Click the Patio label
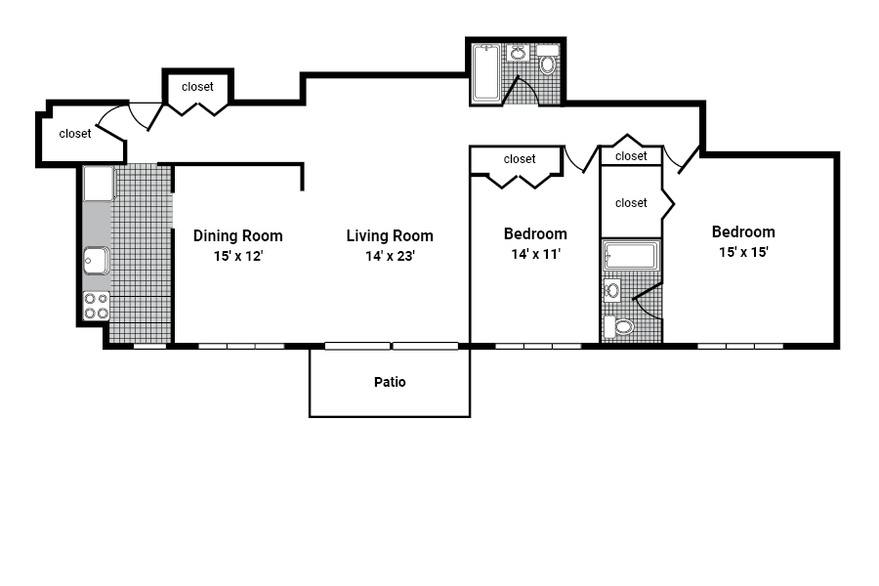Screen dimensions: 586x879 390,382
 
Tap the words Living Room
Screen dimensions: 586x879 390,236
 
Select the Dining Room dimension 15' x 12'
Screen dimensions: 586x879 237,256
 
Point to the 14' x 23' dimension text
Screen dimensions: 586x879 390,256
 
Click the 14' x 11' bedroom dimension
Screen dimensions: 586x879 534,254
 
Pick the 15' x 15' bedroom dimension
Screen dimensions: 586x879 742,252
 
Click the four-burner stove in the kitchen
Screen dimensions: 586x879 96,306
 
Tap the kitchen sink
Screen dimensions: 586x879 96,261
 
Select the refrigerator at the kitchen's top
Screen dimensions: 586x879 98,184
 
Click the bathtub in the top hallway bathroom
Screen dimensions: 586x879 486,73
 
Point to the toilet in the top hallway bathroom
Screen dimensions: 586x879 548,65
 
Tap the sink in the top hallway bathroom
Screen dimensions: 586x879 518,55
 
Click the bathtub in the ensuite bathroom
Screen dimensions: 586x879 631,256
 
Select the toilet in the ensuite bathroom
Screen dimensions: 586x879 622,326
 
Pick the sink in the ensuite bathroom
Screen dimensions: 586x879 612,288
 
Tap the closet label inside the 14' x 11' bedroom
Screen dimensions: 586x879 520,159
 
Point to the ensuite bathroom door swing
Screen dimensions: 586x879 647,298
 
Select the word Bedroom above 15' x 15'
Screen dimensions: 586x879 743,232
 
